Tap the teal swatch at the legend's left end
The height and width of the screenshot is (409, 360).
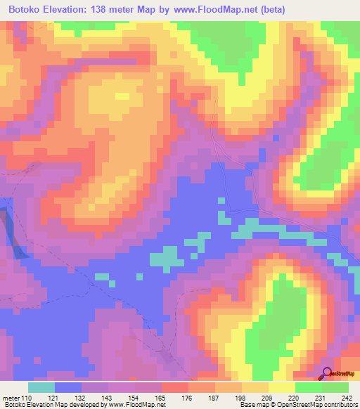tap(41, 387)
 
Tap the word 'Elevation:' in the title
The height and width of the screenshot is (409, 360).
tap(73, 8)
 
